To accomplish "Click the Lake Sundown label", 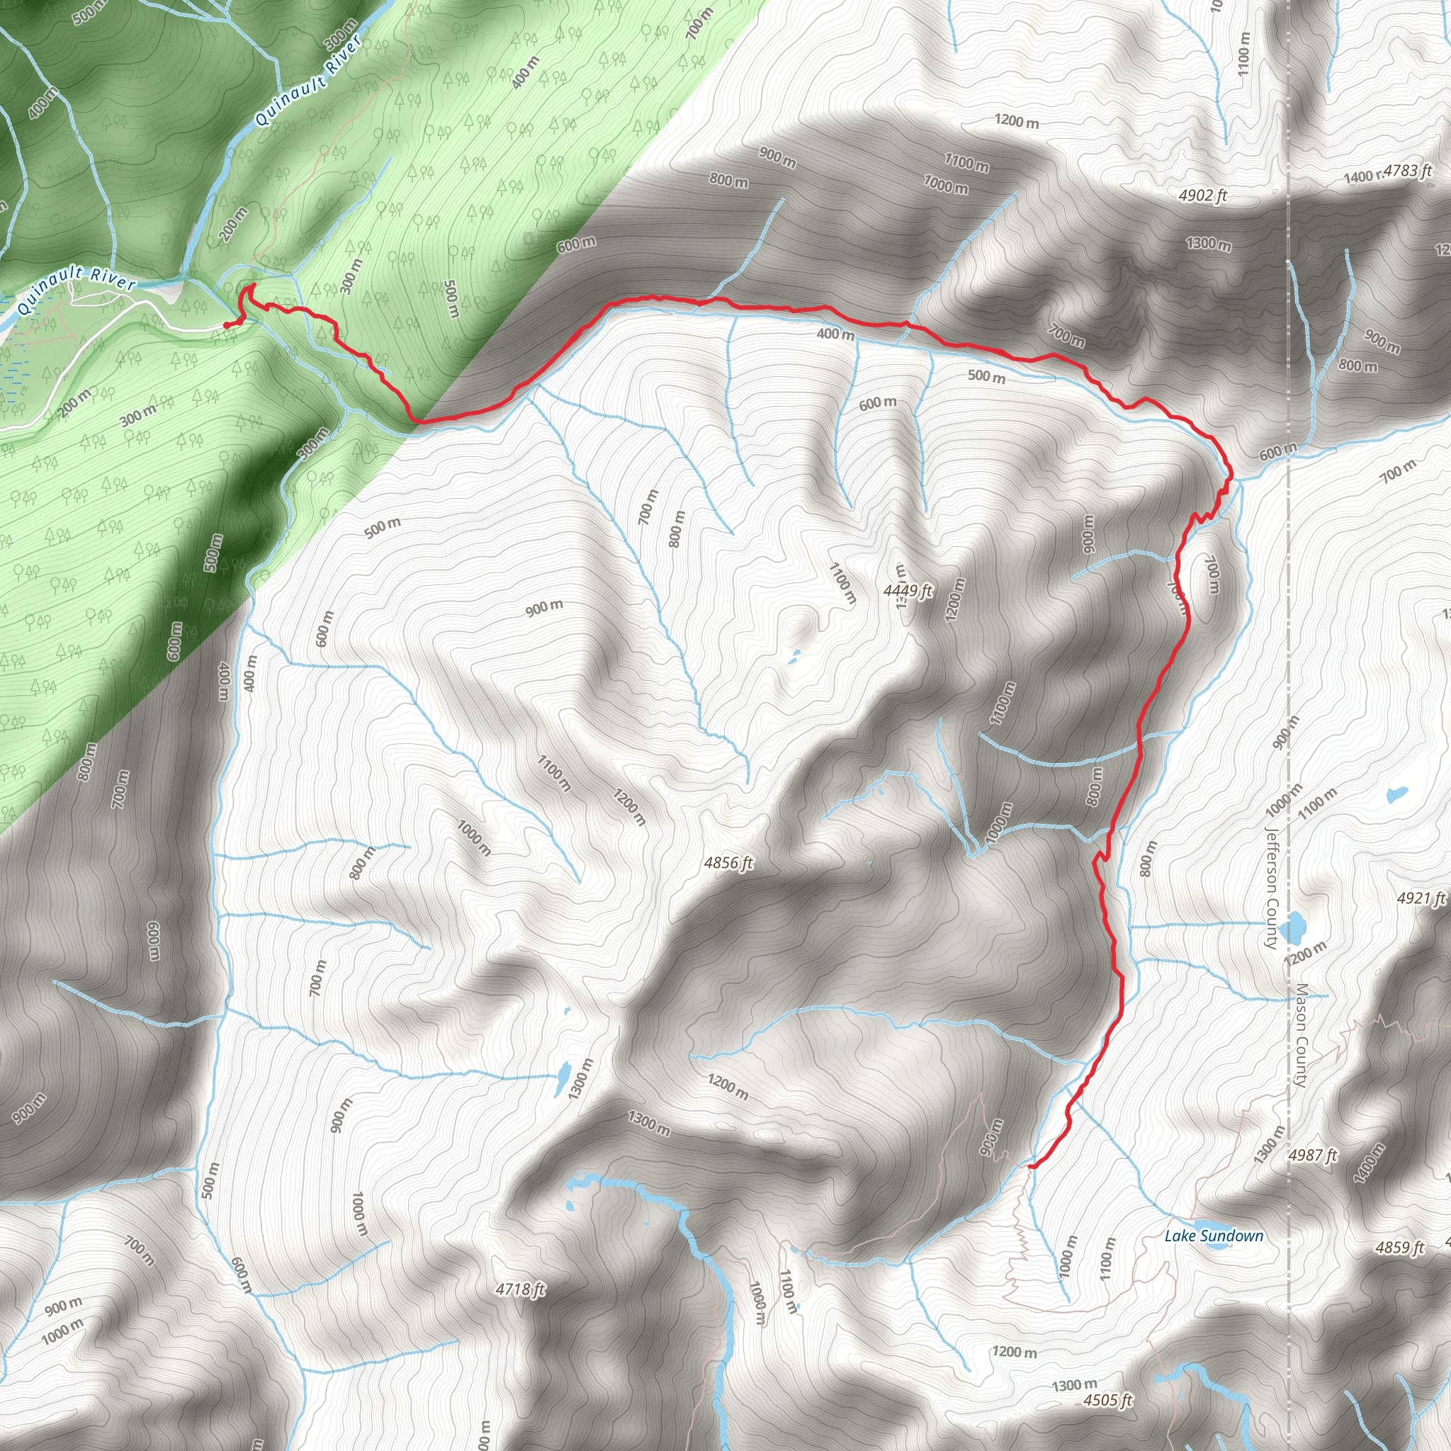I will click(x=1214, y=1236).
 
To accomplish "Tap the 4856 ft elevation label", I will click(x=728, y=863).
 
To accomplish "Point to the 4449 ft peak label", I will click(x=908, y=590).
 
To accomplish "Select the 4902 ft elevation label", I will click(x=1202, y=196).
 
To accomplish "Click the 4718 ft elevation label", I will click(x=521, y=1289).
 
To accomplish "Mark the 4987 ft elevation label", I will click(x=1313, y=1154).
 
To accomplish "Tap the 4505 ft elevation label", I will click(x=1107, y=1400).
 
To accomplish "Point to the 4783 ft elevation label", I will click(x=1406, y=171).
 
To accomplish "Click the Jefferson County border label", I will click(x=1271, y=888).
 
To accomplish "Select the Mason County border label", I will click(x=1302, y=1035).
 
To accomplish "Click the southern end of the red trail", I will click(x=1030, y=1166).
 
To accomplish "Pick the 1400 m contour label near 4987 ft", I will click(x=1369, y=1163).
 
